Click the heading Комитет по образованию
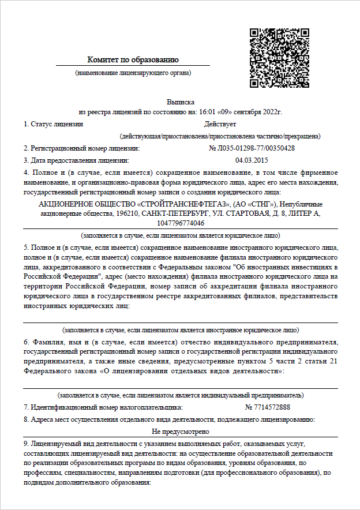pyautogui.click(x=133, y=59)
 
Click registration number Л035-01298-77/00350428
pyautogui.click(x=252, y=148)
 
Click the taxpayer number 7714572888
pyautogui.click(x=268, y=407)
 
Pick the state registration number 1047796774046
pyautogui.click(x=180, y=223)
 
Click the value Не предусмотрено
pyautogui.click(x=180, y=431)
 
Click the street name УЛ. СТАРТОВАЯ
pyautogui.click(x=232, y=213)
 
